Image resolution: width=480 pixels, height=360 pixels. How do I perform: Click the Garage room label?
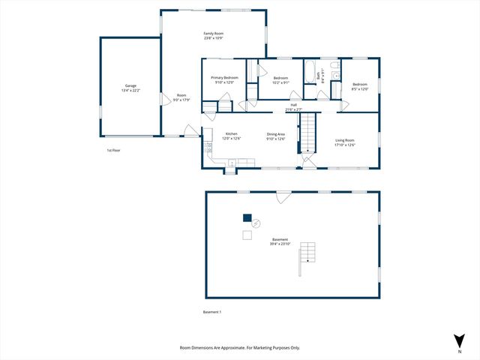[130, 86]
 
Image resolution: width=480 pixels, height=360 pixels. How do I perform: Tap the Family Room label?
[214, 34]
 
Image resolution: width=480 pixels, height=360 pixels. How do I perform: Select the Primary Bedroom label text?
[225, 78]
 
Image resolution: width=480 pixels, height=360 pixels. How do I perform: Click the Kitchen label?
[232, 133]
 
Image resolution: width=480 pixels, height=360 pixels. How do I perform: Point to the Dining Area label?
[276, 133]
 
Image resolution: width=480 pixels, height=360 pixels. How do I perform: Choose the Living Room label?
[345, 140]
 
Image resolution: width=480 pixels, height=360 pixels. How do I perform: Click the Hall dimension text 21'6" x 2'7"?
[294, 109]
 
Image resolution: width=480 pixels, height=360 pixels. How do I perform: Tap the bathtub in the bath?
[310, 72]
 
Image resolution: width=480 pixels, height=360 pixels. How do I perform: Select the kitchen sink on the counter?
[232, 162]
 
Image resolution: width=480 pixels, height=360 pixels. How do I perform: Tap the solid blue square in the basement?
[247, 218]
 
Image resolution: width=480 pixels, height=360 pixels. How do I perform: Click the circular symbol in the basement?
[256, 223]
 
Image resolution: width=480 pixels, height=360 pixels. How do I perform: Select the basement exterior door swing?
[283, 197]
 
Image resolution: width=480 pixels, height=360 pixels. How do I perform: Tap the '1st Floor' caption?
[113, 150]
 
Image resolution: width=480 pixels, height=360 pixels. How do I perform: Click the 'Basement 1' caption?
[213, 312]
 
